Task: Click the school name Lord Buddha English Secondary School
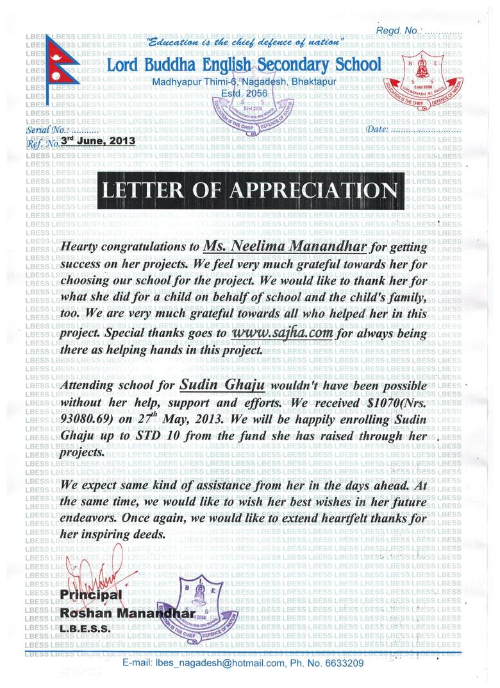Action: (x=244, y=65)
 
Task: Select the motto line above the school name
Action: (x=245, y=42)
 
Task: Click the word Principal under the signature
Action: (x=90, y=595)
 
